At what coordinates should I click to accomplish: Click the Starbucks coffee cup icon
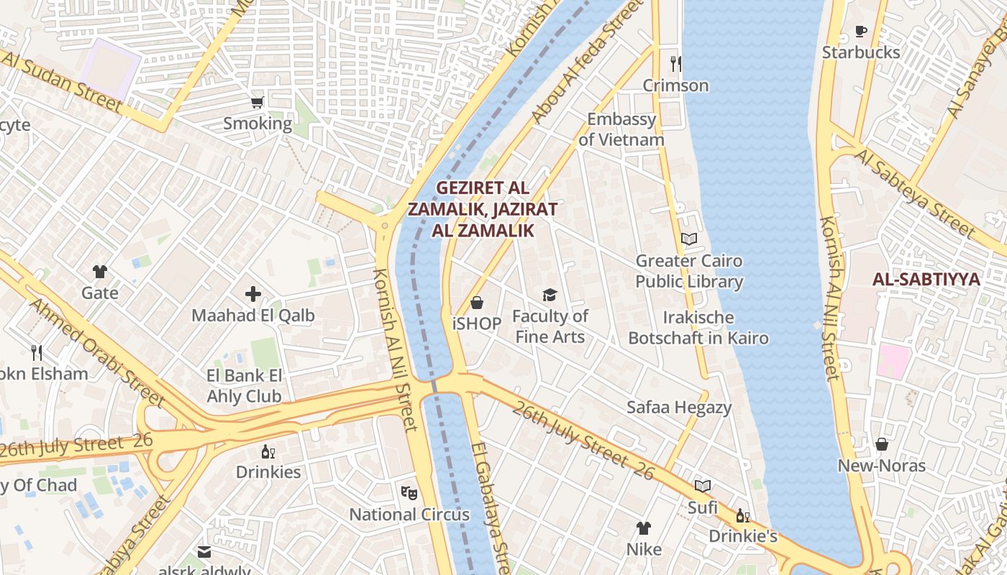tap(860, 31)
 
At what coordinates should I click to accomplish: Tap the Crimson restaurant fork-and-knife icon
tap(675, 64)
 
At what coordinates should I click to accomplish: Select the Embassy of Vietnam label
tap(621, 129)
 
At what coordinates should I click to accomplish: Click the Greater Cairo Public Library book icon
tap(688, 239)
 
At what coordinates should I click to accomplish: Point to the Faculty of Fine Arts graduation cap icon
tap(550, 295)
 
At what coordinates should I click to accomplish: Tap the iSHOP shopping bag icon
tap(476, 303)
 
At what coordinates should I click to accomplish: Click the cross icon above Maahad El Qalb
tap(252, 293)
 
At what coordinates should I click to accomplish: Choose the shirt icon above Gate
tap(99, 272)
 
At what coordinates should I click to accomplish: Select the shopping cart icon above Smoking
tap(257, 102)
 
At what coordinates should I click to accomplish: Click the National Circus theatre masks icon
tap(409, 492)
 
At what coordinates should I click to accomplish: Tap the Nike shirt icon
tap(643, 528)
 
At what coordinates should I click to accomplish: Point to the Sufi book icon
tap(703, 486)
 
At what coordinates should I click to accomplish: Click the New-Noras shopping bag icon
tap(881, 444)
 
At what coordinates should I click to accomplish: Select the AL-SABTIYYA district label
tap(926, 280)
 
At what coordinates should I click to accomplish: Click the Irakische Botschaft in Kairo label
tap(698, 328)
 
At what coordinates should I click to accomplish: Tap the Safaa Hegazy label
tap(678, 408)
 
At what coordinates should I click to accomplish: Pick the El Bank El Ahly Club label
tap(244, 386)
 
